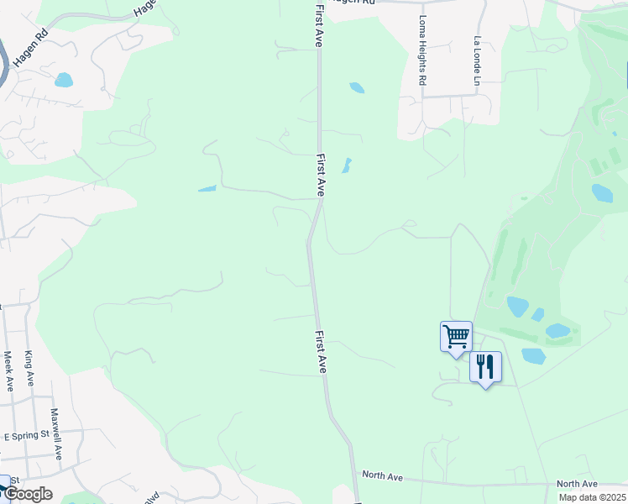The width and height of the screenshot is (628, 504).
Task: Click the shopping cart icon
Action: coord(456,337)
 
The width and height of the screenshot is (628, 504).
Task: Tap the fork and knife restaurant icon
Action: coord(485,367)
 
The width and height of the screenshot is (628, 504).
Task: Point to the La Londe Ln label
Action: coord(476,60)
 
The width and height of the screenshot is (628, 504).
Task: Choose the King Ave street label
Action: coord(29,369)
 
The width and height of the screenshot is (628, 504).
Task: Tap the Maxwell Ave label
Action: coord(55,433)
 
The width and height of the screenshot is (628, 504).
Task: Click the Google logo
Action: coord(29,494)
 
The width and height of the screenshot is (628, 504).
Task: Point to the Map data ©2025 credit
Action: coord(591,497)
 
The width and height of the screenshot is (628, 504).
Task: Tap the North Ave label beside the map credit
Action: coord(577,484)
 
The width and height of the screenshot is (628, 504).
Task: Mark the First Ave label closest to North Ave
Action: coord(321,352)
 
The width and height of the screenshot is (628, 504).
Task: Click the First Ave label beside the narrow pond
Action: coord(321,175)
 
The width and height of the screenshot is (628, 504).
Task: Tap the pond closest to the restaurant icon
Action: coord(533,356)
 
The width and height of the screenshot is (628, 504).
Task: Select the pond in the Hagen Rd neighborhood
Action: coord(63,80)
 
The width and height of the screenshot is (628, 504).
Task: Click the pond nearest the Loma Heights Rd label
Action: coord(357,87)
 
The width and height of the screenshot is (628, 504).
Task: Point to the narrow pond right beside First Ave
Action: coord(346,165)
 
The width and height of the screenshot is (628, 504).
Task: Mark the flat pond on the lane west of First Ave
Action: coord(207,188)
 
